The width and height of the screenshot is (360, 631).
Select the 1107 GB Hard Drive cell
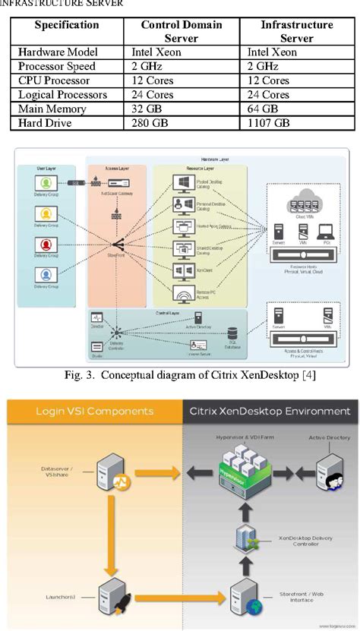(x=269, y=122)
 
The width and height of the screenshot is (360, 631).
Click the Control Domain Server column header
(x=181, y=31)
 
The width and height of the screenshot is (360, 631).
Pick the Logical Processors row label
(x=63, y=95)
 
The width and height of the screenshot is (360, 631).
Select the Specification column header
(x=67, y=25)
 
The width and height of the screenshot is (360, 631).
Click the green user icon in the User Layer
(x=46, y=184)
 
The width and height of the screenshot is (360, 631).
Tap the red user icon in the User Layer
(x=46, y=244)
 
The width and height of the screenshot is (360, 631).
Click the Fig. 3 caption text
(x=180, y=374)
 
